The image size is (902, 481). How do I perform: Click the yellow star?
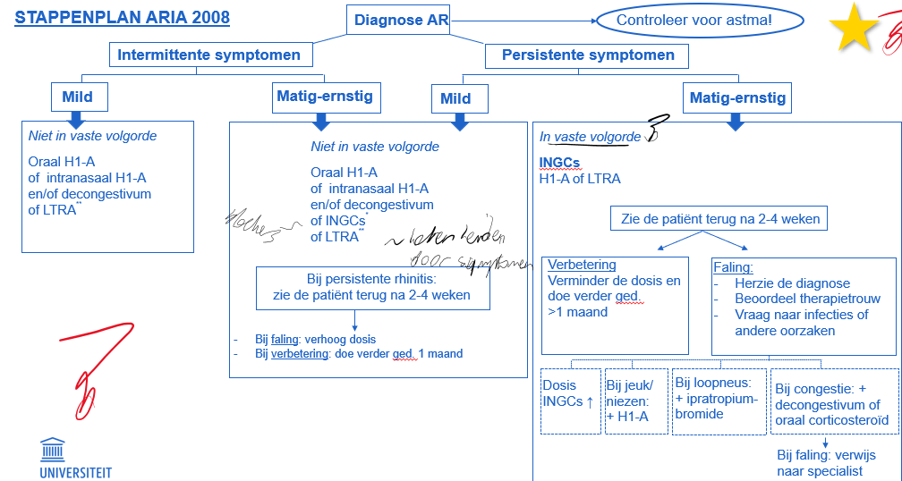[855, 28]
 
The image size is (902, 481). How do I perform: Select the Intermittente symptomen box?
[210, 55]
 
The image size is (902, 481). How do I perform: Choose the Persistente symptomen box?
[587, 55]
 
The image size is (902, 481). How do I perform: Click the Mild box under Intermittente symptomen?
[77, 97]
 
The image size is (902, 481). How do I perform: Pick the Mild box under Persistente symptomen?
[455, 98]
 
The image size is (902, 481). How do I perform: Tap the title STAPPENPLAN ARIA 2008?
[123, 18]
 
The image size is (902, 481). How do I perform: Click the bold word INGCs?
[559, 163]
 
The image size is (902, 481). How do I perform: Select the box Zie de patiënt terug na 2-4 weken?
[719, 218]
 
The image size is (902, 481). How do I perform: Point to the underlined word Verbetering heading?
[582, 266]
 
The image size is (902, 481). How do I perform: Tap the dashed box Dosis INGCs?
[570, 401]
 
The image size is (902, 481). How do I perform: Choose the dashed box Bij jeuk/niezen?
[636, 401]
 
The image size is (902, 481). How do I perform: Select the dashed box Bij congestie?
[833, 401]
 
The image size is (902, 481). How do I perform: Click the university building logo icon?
[53, 450]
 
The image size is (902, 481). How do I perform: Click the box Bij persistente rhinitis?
[371, 288]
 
